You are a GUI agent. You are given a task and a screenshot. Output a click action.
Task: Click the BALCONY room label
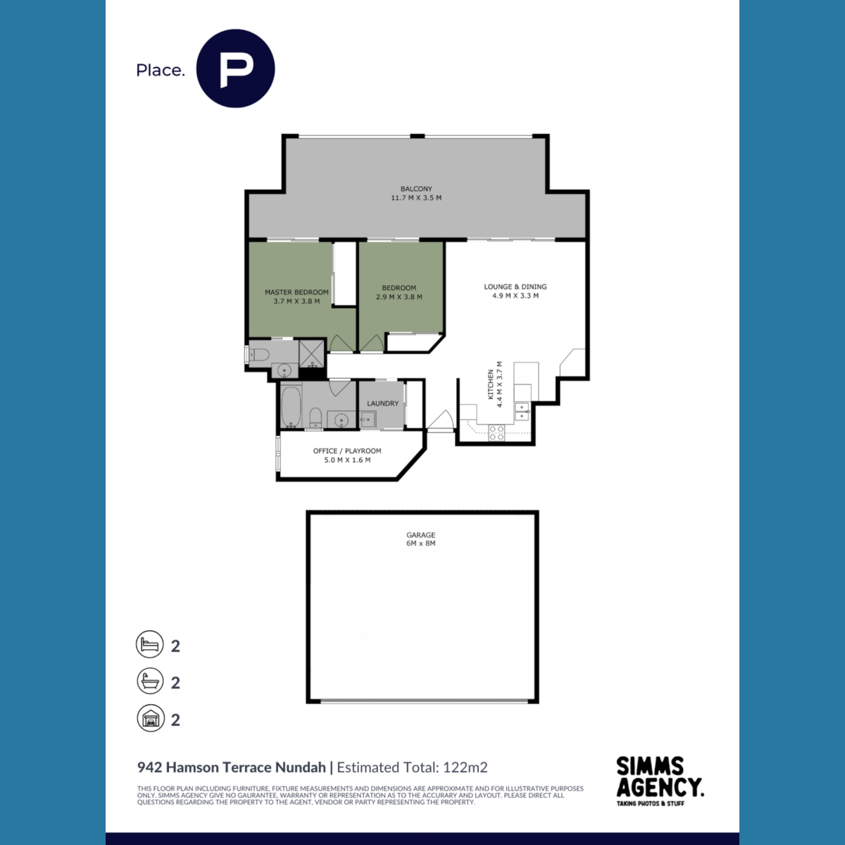pos(416,189)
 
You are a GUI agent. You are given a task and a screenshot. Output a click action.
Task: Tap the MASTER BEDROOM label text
pos(296,292)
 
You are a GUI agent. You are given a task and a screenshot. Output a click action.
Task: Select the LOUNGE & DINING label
pos(515,287)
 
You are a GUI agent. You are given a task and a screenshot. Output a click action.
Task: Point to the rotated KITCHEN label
pos(491,385)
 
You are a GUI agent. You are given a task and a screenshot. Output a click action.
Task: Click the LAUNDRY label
pos(382,404)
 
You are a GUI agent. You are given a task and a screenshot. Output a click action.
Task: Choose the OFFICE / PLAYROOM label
pos(347,451)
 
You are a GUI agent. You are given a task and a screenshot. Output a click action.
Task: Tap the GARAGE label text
pos(421,535)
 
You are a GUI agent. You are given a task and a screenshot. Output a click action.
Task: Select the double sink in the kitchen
pos(523,411)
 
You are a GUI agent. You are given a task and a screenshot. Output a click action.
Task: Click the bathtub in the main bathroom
pos(290,407)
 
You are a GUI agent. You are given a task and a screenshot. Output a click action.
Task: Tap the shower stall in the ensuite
pos(312,353)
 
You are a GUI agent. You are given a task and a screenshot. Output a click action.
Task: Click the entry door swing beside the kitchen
pos(440,419)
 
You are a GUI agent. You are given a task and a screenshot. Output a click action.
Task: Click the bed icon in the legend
pos(150,644)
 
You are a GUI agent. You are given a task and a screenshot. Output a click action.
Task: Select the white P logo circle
pos(235,68)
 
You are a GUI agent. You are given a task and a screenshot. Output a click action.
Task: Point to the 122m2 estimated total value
pos(465,768)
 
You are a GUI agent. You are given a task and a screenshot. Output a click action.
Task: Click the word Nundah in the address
pos(300,768)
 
